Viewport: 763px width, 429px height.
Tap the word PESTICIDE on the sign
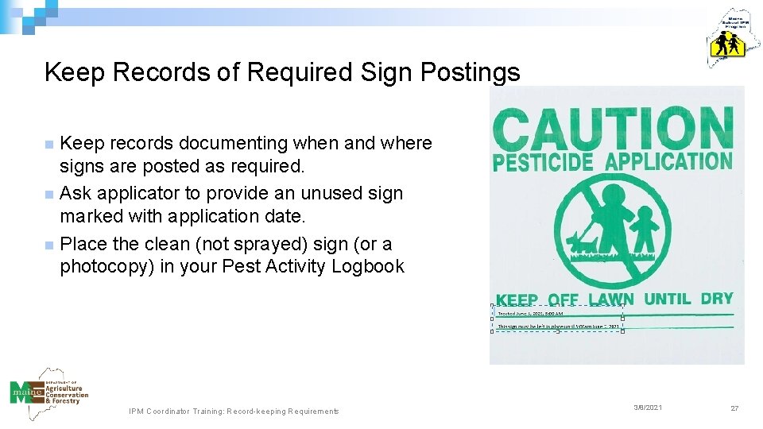point(543,163)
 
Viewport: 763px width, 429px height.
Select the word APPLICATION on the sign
point(668,161)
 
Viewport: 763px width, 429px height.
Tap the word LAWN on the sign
point(610,300)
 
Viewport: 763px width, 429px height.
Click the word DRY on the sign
point(716,299)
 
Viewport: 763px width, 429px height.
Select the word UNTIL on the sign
point(667,300)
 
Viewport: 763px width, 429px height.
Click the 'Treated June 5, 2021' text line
point(531,314)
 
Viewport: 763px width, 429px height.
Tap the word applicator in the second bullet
point(132,193)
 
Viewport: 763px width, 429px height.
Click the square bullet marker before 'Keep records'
point(49,145)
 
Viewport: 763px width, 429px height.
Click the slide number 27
point(734,408)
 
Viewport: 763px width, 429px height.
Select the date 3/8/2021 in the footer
point(648,408)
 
